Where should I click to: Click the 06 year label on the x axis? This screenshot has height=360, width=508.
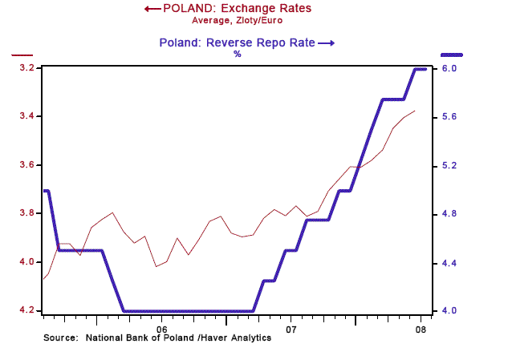pyautogui.click(x=161, y=329)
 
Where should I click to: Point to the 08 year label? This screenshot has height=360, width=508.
pyautogui.click(x=418, y=329)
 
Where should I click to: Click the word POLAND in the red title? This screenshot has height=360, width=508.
pyautogui.click(x=189, y=9)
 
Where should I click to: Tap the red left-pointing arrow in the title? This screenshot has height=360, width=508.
pyautogui.click(x=151, y=9)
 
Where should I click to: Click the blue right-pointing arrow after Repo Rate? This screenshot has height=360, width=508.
pyautogui.click(x=326, y=42)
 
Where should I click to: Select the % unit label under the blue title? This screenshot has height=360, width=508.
pyautogui.click(x=237, y=54)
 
